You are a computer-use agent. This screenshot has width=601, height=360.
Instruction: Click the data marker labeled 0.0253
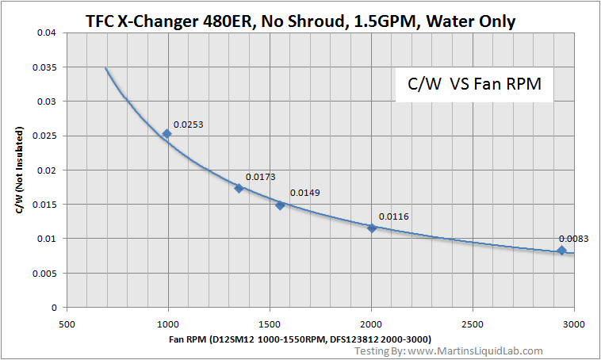point(167,133)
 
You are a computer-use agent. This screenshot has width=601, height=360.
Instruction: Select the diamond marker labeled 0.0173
point(239,188)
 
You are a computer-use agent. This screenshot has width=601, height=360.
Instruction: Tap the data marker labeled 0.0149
point(280,205)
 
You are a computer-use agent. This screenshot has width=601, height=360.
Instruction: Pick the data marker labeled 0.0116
point(372,228)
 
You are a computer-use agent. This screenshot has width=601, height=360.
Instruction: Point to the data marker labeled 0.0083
point(561,251)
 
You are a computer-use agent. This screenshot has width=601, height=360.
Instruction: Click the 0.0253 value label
point(188,124)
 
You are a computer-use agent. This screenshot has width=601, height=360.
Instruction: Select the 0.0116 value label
point(393,216)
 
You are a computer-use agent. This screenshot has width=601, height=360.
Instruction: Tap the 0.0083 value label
point(573,239)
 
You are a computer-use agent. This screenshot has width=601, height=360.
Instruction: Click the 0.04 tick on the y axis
point(48,33)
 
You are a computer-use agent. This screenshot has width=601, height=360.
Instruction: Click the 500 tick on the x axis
point(67,324)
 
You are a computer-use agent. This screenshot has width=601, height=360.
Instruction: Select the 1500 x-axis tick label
point(270,324)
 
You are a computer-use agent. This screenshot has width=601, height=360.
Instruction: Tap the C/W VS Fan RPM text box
point(474,84)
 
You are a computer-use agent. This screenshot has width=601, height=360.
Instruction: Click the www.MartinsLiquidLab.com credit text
point(472,350)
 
